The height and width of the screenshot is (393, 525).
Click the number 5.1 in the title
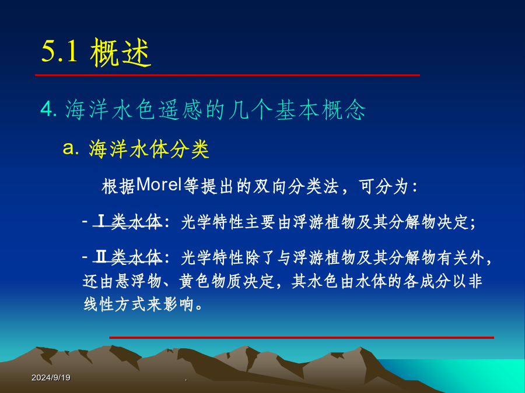tap(60, 51)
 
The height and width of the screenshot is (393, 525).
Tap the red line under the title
tap(228, 75)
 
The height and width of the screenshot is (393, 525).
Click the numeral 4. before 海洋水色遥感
tap(49, 109)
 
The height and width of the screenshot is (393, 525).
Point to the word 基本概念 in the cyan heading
tap(320, 109)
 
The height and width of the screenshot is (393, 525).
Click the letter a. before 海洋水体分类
tap(71, 148)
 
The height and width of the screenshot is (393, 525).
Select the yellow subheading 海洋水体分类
tap(149, 148)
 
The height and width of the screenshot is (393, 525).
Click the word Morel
tap(159, 185)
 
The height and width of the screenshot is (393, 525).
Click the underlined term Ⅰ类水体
tap(128, 222)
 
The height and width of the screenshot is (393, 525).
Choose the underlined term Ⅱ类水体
tap(128, 257)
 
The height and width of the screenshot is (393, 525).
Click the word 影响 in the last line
tap(178, 304)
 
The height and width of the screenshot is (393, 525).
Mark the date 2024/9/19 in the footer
tap(51, 378)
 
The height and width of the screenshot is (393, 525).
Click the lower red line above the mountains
tap(302, 338)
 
